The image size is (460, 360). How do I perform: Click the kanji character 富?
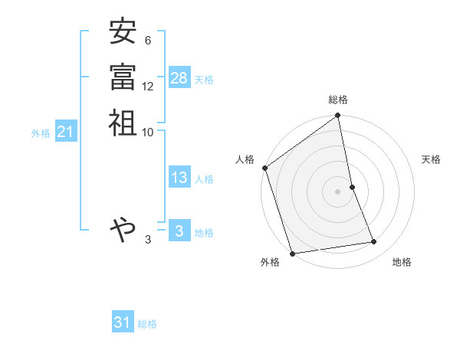tap(123, 77)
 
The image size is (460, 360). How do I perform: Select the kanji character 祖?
tap(123, 123)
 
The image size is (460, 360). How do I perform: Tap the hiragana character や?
tap(123, 228)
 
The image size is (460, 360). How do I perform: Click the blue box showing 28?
tap(179, 78)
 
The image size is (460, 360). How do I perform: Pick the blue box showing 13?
tap(179, 178)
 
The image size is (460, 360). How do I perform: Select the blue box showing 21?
tap(66, 132)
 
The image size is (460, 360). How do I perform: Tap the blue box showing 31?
tap(123, 322)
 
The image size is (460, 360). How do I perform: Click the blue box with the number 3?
tap(179, 231)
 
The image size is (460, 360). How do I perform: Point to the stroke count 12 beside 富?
tap(148, 87)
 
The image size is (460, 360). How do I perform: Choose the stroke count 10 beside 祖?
tap(148, 132)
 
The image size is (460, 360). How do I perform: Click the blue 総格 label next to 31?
tap(147, 324)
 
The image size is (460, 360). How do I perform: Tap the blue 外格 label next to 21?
tap(41, 133)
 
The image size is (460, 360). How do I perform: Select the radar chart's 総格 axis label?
tap(338, 100)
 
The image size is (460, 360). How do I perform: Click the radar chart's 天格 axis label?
tap(431, 159)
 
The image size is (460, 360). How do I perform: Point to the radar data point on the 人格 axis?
tap(265, 168)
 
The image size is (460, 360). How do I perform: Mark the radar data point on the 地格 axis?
tap(374, 242)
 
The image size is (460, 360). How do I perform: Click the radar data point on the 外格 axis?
tap(293, 253)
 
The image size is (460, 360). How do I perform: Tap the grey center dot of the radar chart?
tap(338, 191)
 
